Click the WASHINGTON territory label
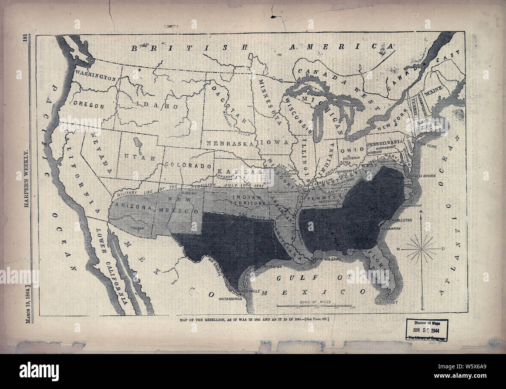[96, 75]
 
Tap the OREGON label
[88, 105]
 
